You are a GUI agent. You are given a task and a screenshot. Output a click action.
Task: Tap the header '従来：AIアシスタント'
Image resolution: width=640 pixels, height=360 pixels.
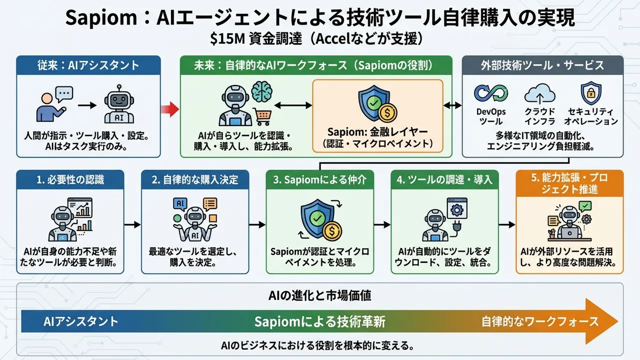pos(88,65)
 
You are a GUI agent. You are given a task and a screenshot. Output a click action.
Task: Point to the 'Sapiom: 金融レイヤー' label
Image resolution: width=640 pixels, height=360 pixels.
pos(377,132)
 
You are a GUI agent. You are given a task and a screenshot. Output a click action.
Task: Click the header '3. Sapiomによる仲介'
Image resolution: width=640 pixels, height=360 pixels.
pos(319,179)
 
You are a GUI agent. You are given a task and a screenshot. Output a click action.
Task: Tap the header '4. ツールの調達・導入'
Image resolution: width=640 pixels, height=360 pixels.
pos(445,179)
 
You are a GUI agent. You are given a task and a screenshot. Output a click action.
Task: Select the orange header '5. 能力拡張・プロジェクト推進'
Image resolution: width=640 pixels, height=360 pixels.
pos(569,183)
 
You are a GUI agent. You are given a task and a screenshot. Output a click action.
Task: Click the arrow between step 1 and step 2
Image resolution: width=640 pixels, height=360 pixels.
pos(132,225)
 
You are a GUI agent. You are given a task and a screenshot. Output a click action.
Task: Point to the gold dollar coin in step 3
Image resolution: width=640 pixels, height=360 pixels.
pos(331,230)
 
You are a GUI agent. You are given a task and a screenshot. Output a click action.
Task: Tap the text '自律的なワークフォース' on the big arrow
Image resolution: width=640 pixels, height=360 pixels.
pos(539,321)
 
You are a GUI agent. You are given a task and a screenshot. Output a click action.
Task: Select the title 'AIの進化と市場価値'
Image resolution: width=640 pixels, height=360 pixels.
pos(320,295)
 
